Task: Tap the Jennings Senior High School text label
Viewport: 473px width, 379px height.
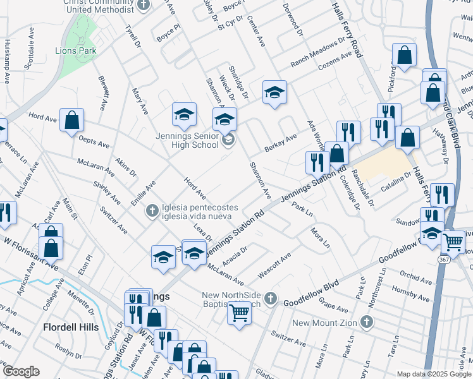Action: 187,140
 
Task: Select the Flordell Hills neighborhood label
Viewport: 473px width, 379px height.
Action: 71,327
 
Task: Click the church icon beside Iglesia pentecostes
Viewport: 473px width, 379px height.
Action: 151,210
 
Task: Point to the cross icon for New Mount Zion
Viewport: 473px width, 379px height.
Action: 365,323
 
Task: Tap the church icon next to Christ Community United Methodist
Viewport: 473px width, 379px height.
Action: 144,6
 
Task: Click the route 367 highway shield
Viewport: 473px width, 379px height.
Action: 446,260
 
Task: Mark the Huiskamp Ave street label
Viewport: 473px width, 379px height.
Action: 8,61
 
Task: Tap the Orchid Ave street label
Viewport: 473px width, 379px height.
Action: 415,277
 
